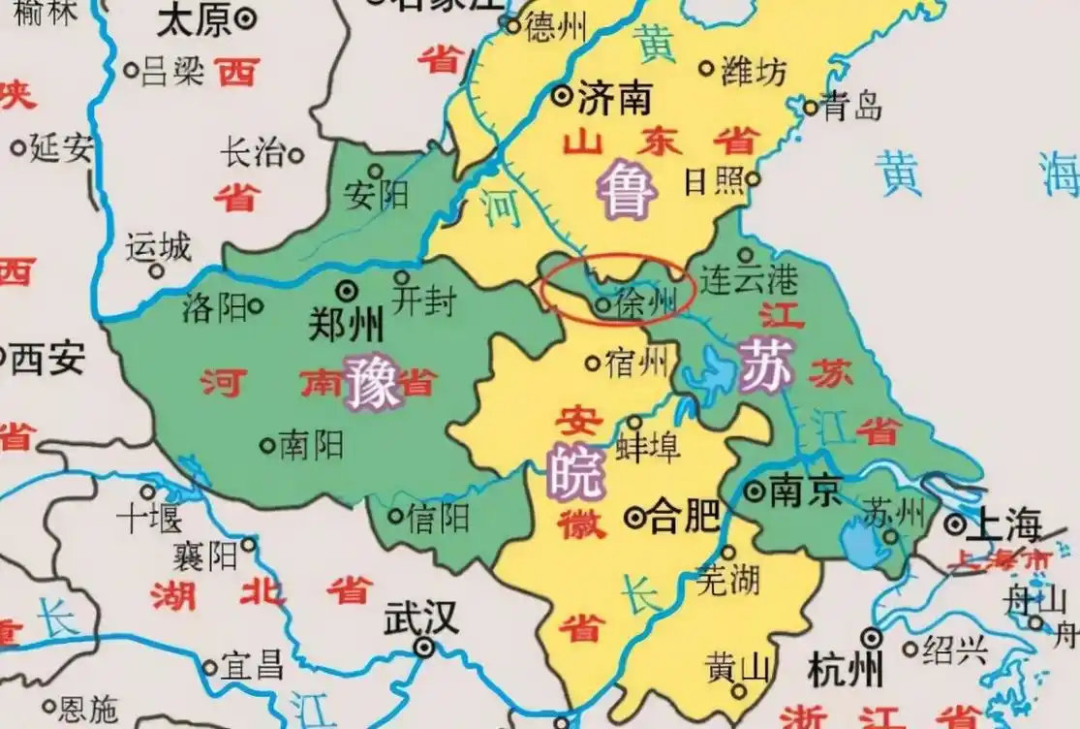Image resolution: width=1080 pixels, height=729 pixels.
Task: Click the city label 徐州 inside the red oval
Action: (647, 303)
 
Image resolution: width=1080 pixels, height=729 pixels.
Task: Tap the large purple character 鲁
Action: (627, 190)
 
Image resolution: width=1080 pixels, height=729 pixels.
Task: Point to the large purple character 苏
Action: (765, 366)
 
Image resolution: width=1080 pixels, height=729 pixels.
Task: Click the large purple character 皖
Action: (574, 472)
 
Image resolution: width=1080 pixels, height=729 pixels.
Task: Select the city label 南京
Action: (804, 491)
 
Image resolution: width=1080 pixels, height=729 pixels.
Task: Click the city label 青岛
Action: (852, 106)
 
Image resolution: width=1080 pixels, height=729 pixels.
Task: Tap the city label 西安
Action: (46, 360)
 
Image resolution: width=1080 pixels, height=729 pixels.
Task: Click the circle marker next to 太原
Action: (247, 16)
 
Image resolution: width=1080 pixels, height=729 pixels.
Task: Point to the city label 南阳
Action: (311, 445)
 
